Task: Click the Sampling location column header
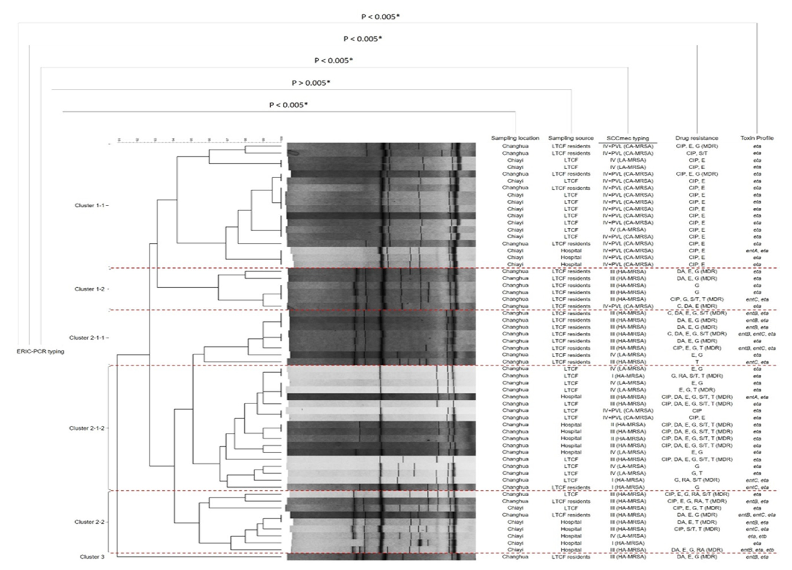coord(515,138)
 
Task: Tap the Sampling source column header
coord(571,138)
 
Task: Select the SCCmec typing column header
coord(628,138)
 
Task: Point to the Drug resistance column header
coord(697,138)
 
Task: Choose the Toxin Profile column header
coord(757,138)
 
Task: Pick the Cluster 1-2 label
coord(89,289)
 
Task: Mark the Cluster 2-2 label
coord(89,522)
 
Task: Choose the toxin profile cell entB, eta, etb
coord(757,550)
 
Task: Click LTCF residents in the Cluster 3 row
coord(571,557)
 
